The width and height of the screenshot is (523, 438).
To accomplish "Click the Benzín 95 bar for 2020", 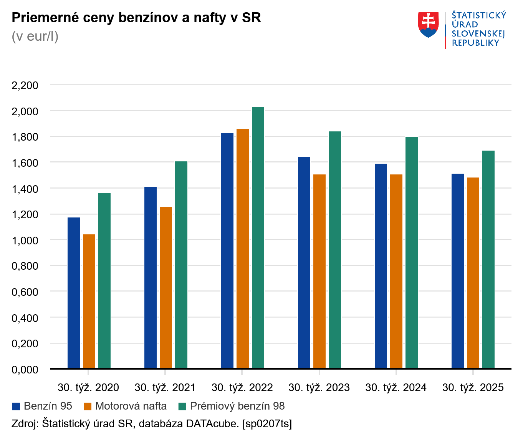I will coord(74,293).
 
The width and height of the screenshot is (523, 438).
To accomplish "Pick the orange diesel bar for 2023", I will coord(319,271).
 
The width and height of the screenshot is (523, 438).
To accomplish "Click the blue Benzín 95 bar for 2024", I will coord(381,266).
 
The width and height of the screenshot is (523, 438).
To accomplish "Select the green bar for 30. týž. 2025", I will coord(488,259).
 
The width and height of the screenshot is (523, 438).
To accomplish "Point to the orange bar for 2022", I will coord(243,249).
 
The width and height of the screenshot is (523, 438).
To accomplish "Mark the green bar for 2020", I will coord(104,280).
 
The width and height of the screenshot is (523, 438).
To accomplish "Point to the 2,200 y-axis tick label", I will coord(25,85).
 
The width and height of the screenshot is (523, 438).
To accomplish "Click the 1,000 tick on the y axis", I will coord(25,240).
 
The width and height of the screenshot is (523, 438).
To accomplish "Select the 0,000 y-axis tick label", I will coord(25,370).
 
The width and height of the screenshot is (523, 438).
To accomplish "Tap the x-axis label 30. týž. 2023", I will coord(319,388).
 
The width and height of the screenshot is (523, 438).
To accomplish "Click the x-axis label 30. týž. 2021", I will coord(165,388).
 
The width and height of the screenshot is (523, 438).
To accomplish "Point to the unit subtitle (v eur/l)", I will coord(35,36).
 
